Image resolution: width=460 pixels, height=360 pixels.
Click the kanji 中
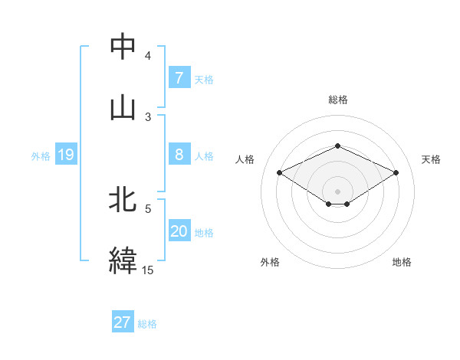click(x=123, y=47)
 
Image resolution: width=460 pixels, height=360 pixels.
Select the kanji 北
click(x=123, y=201)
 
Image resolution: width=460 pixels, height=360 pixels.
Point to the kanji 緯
click(x=123, y=260)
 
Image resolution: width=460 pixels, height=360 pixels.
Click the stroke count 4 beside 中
click(x=147, y=56)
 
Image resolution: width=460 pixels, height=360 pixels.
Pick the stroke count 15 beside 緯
click(x=147, y=270)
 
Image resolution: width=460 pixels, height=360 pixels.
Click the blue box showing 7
click(x=179, y=78)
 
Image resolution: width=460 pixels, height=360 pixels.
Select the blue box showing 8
click(x=179, y=155)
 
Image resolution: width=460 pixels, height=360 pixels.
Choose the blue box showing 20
click(x=179, y=231)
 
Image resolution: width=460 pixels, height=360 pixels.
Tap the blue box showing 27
click(x=123, y=322)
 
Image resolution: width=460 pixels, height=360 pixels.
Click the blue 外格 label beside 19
click(x=41, y=156)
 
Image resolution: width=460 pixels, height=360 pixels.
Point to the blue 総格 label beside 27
click(x=147, y=324)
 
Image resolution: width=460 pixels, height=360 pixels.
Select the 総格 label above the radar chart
click(x=337, y=100)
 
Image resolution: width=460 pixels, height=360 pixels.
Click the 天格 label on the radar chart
click(x=431, y=159)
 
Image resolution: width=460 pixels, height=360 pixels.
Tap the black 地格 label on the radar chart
click(x=402, y=262)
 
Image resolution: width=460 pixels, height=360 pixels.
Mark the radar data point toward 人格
click(x=279, y=172)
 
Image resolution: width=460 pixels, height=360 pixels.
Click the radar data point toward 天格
click(x=396, y=172)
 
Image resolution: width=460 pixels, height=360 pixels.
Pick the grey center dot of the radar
click(x=337, y=191)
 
